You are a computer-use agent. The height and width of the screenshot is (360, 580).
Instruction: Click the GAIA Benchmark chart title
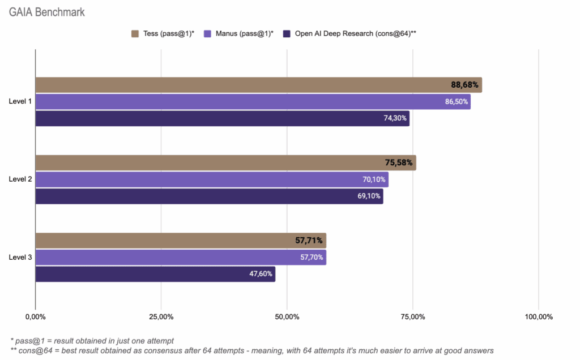coord(46,12)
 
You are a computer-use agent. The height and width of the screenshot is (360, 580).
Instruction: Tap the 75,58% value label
coord(399,163)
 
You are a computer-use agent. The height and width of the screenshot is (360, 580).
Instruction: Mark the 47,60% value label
coord(261,274)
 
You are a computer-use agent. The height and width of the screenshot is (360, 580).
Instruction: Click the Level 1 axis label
coord(20,102)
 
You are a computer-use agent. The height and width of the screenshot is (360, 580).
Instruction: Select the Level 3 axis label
coord(20,258)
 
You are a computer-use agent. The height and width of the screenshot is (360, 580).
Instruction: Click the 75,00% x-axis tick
coord(412,316)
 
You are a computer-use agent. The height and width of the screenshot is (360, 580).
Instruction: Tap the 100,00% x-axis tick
coord(538,316)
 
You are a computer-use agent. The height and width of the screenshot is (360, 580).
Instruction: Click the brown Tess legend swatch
coord(135,33)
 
